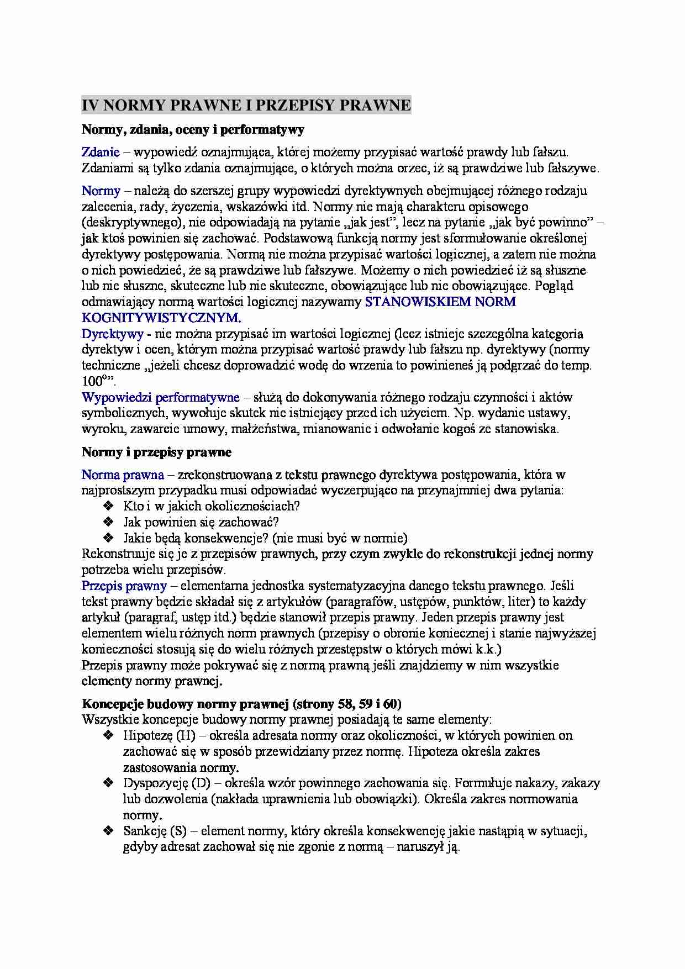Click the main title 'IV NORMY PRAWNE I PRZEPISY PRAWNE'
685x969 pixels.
pyautogui.click(x=246, y=106)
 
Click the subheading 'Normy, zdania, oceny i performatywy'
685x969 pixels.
pyautogui.click(x=193, y=130)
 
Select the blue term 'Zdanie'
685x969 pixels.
pyautogui.click(x=101, y=152)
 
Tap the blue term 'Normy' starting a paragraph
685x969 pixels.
pyautogui.click(x=101, y=191)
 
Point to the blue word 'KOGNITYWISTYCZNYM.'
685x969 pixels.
pyautogui.click(x=161, y=318)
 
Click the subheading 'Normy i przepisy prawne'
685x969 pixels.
pyautogui.click(x=156, y=452)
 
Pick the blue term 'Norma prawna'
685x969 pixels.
pyautogui.click(x=123, y=475)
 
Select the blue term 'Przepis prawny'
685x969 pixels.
pyautogui.click(x=124, y=586)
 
